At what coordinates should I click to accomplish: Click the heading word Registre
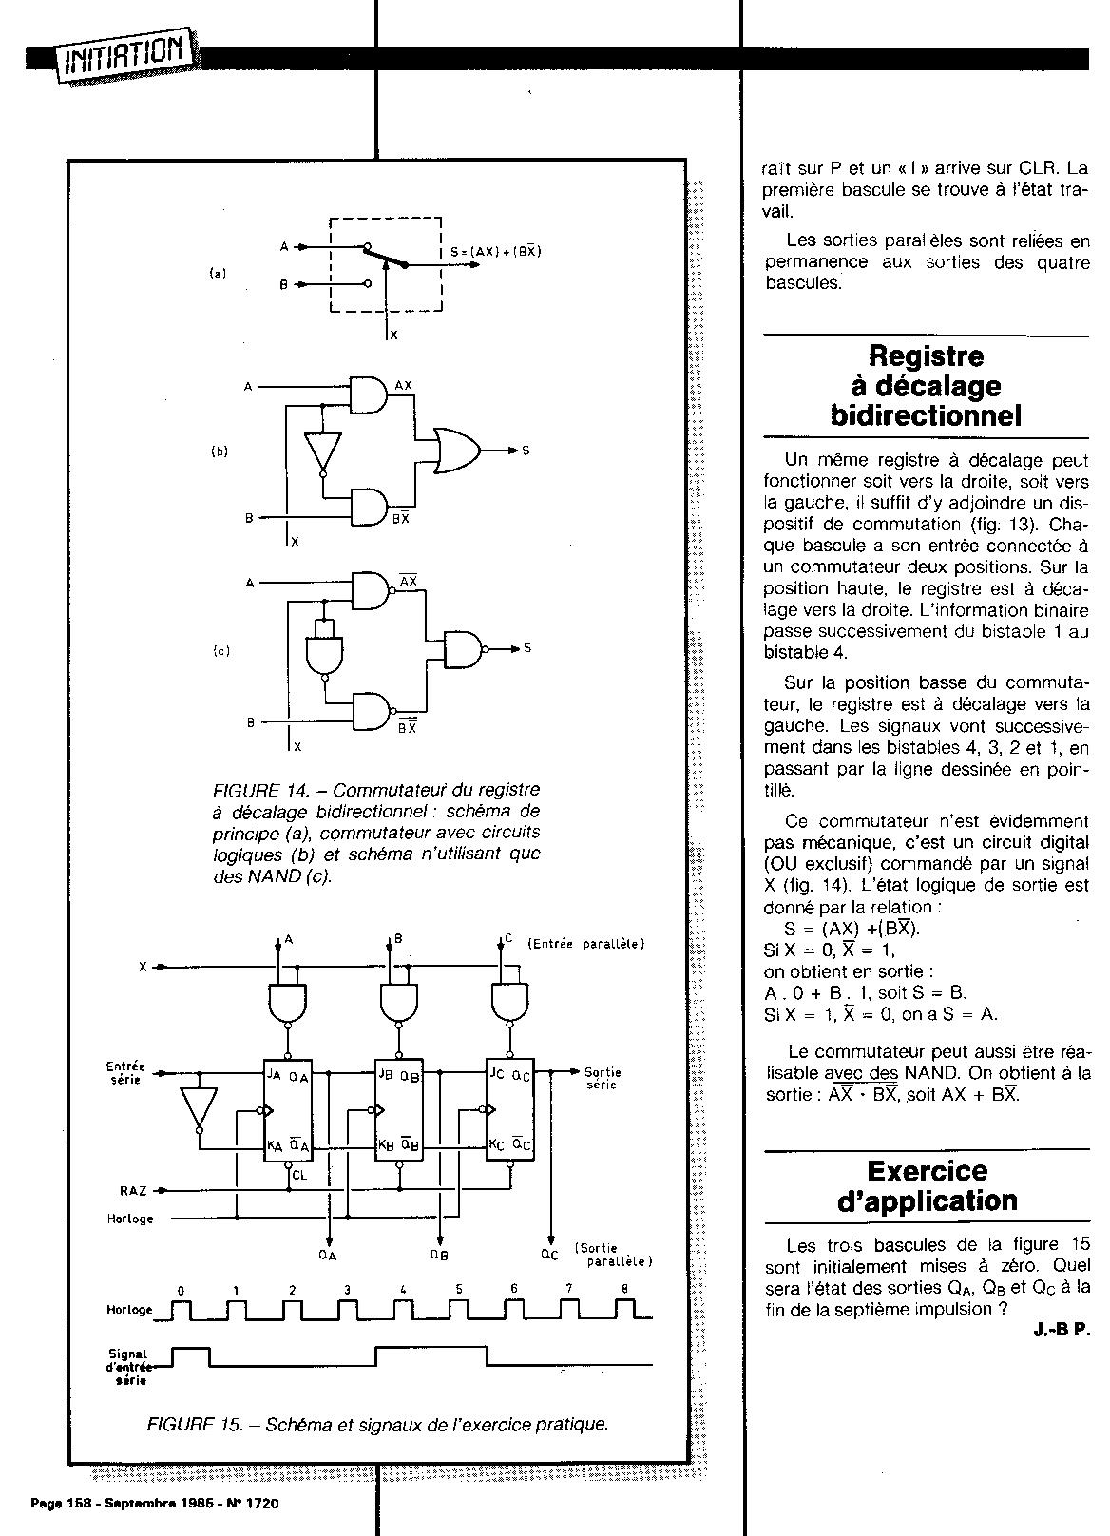(x=927, y=356)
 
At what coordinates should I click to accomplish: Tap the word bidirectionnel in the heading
(x=926, y=415)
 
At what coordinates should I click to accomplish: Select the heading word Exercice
(x=928, y=1170)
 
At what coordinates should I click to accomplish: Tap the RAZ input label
(x=133, y=1189)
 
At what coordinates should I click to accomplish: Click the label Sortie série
(x=603, y=1078)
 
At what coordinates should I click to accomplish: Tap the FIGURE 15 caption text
(x=377, y=1424)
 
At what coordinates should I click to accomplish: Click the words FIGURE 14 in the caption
(x=253, y=790)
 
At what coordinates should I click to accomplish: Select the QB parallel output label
(x=439, y=1255)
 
